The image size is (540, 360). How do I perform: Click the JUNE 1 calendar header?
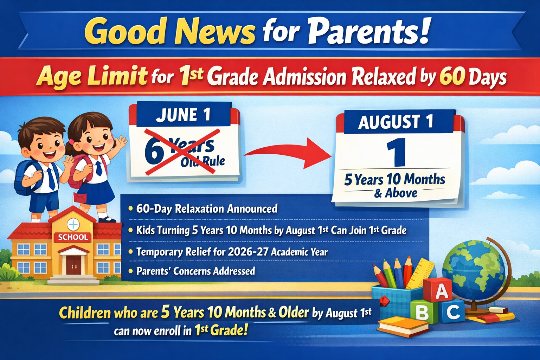[x=183, y=115]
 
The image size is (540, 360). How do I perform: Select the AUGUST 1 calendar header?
[x=396, y=122]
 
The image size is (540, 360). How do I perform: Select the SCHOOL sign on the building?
[x=73, y=237]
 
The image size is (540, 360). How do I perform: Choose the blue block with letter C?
[x=453, y=311]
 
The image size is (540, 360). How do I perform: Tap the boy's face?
[x=44, y=144]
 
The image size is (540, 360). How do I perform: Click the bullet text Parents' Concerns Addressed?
[x=195, y=271]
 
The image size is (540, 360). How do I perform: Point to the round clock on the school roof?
[x=73, y=224]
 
